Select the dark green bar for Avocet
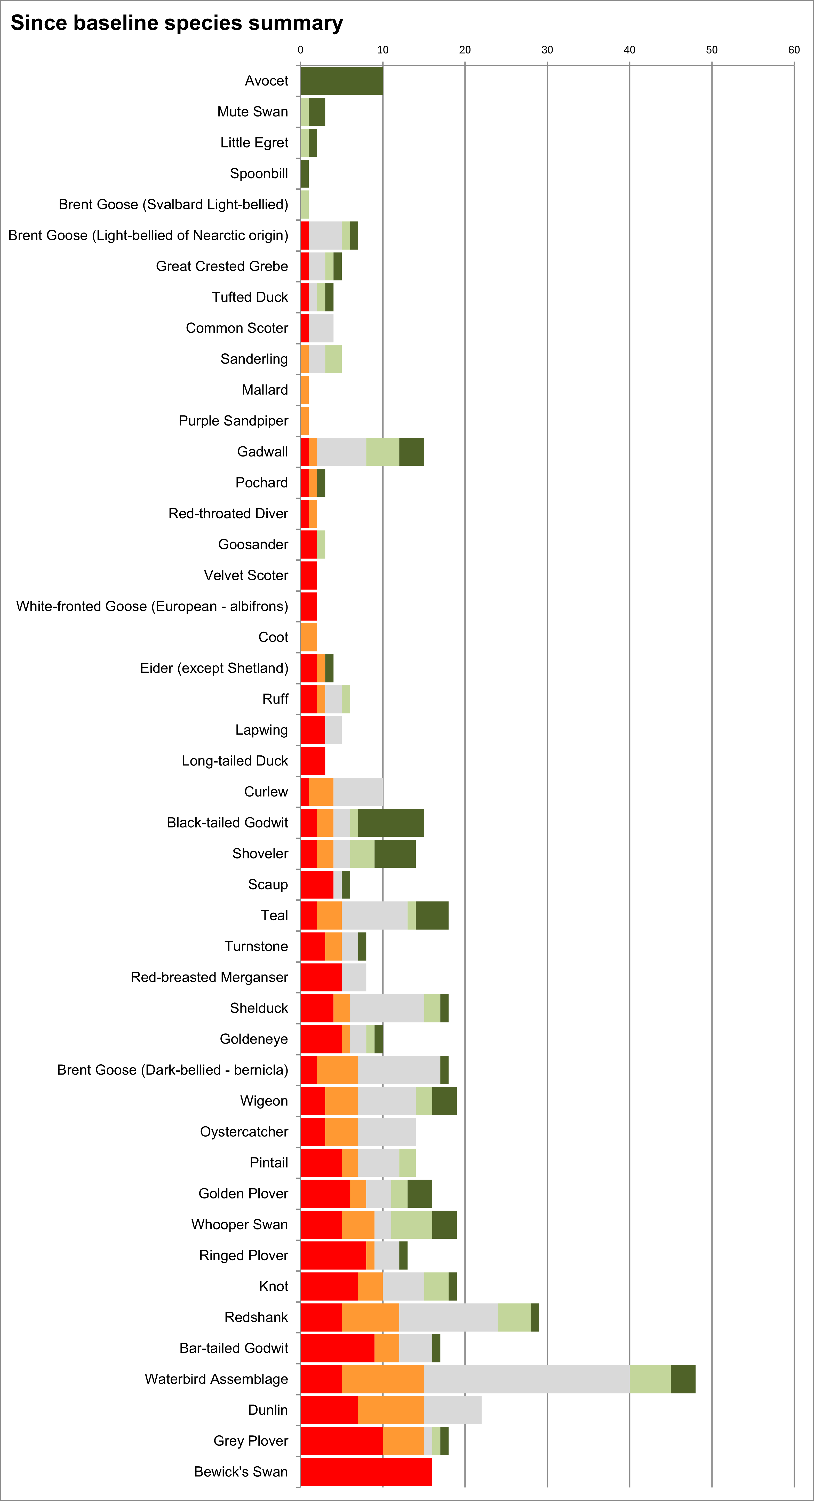coord(342,81)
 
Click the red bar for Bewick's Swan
coord(366,1471)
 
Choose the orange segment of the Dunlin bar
coord(391,1410)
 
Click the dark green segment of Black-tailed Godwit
coord(391,822)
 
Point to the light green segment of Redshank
coord(514,1317)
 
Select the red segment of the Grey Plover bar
coord(342,1440)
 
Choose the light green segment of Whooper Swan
coord(411,1224)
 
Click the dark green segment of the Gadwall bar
coord(412,452)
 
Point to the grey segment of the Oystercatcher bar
coord(387,1132)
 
